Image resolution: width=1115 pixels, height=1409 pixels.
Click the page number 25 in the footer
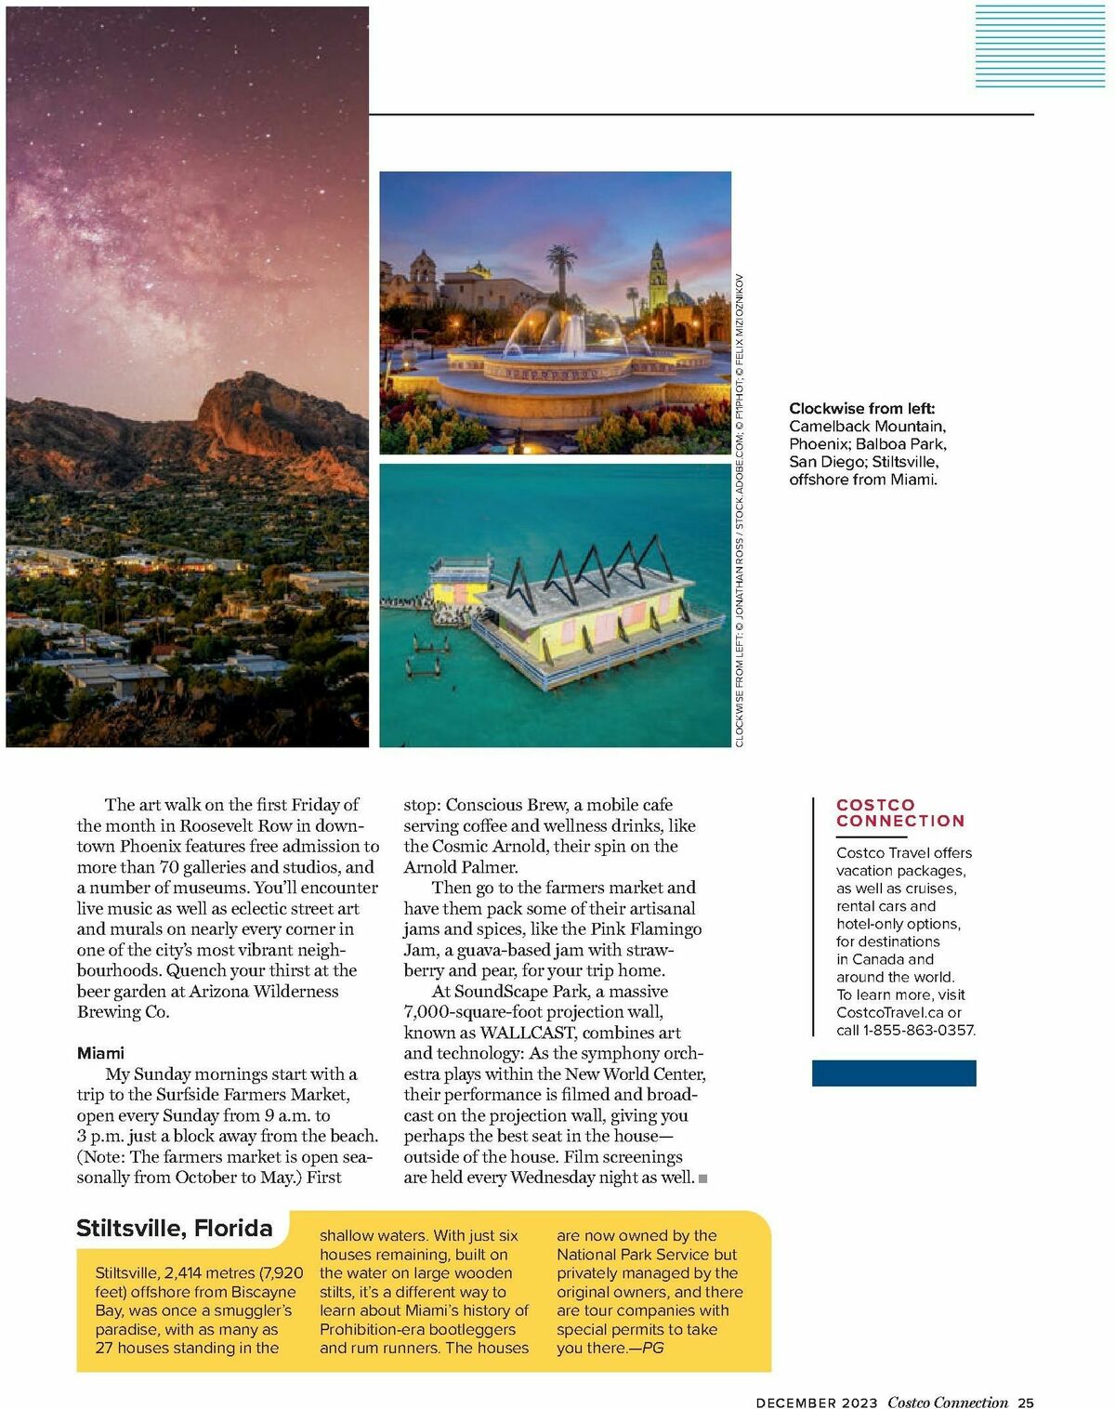[1026, 1402]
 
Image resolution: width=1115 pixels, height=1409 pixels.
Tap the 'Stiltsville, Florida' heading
[175, 1228]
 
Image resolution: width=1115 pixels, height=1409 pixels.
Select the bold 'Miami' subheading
[100, 1053]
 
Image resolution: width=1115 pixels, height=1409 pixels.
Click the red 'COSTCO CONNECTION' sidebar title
[899, 812]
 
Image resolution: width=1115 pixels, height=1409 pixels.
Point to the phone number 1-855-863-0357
[918, 1030]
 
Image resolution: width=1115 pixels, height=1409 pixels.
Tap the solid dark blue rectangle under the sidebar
[894, 1073]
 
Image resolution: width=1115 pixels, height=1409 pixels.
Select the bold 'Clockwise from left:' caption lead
[861, 408]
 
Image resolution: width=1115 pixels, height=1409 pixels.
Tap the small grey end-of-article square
[703, 1179]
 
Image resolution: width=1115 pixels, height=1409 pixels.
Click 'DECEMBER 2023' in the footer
[816, 1402]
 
